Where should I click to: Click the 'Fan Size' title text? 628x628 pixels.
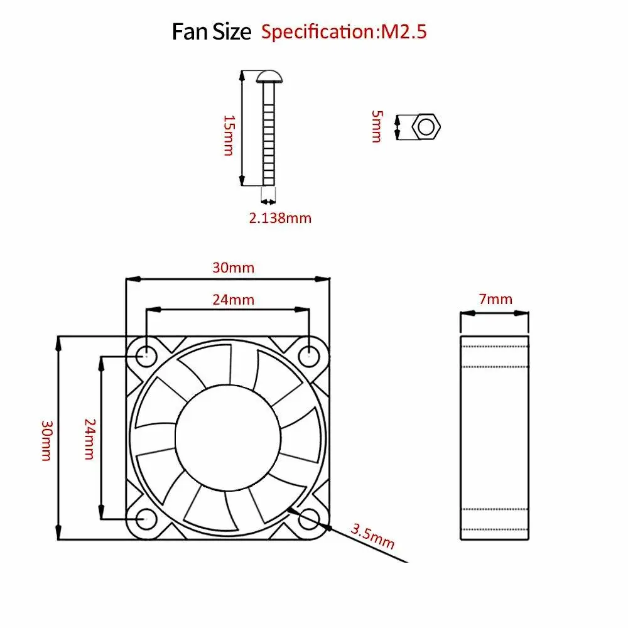click(x=211, y=31)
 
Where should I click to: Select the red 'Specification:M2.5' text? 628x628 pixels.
click(x=344, y=31)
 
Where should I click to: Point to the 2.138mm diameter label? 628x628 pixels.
click(x=279, y=218)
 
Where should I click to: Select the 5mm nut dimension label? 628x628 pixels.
click(x=376, y=126)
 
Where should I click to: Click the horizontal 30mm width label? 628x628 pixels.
click(x=233, y=268)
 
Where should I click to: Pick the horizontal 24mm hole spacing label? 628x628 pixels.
click(x=233, y=300)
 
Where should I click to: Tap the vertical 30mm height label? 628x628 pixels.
click(x=46, y=440)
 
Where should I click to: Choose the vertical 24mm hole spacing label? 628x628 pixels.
click(x=89, y=439)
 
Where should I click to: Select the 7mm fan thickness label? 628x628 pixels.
click(x=495, y=299)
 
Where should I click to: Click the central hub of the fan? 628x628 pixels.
click(x=227, y=437)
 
